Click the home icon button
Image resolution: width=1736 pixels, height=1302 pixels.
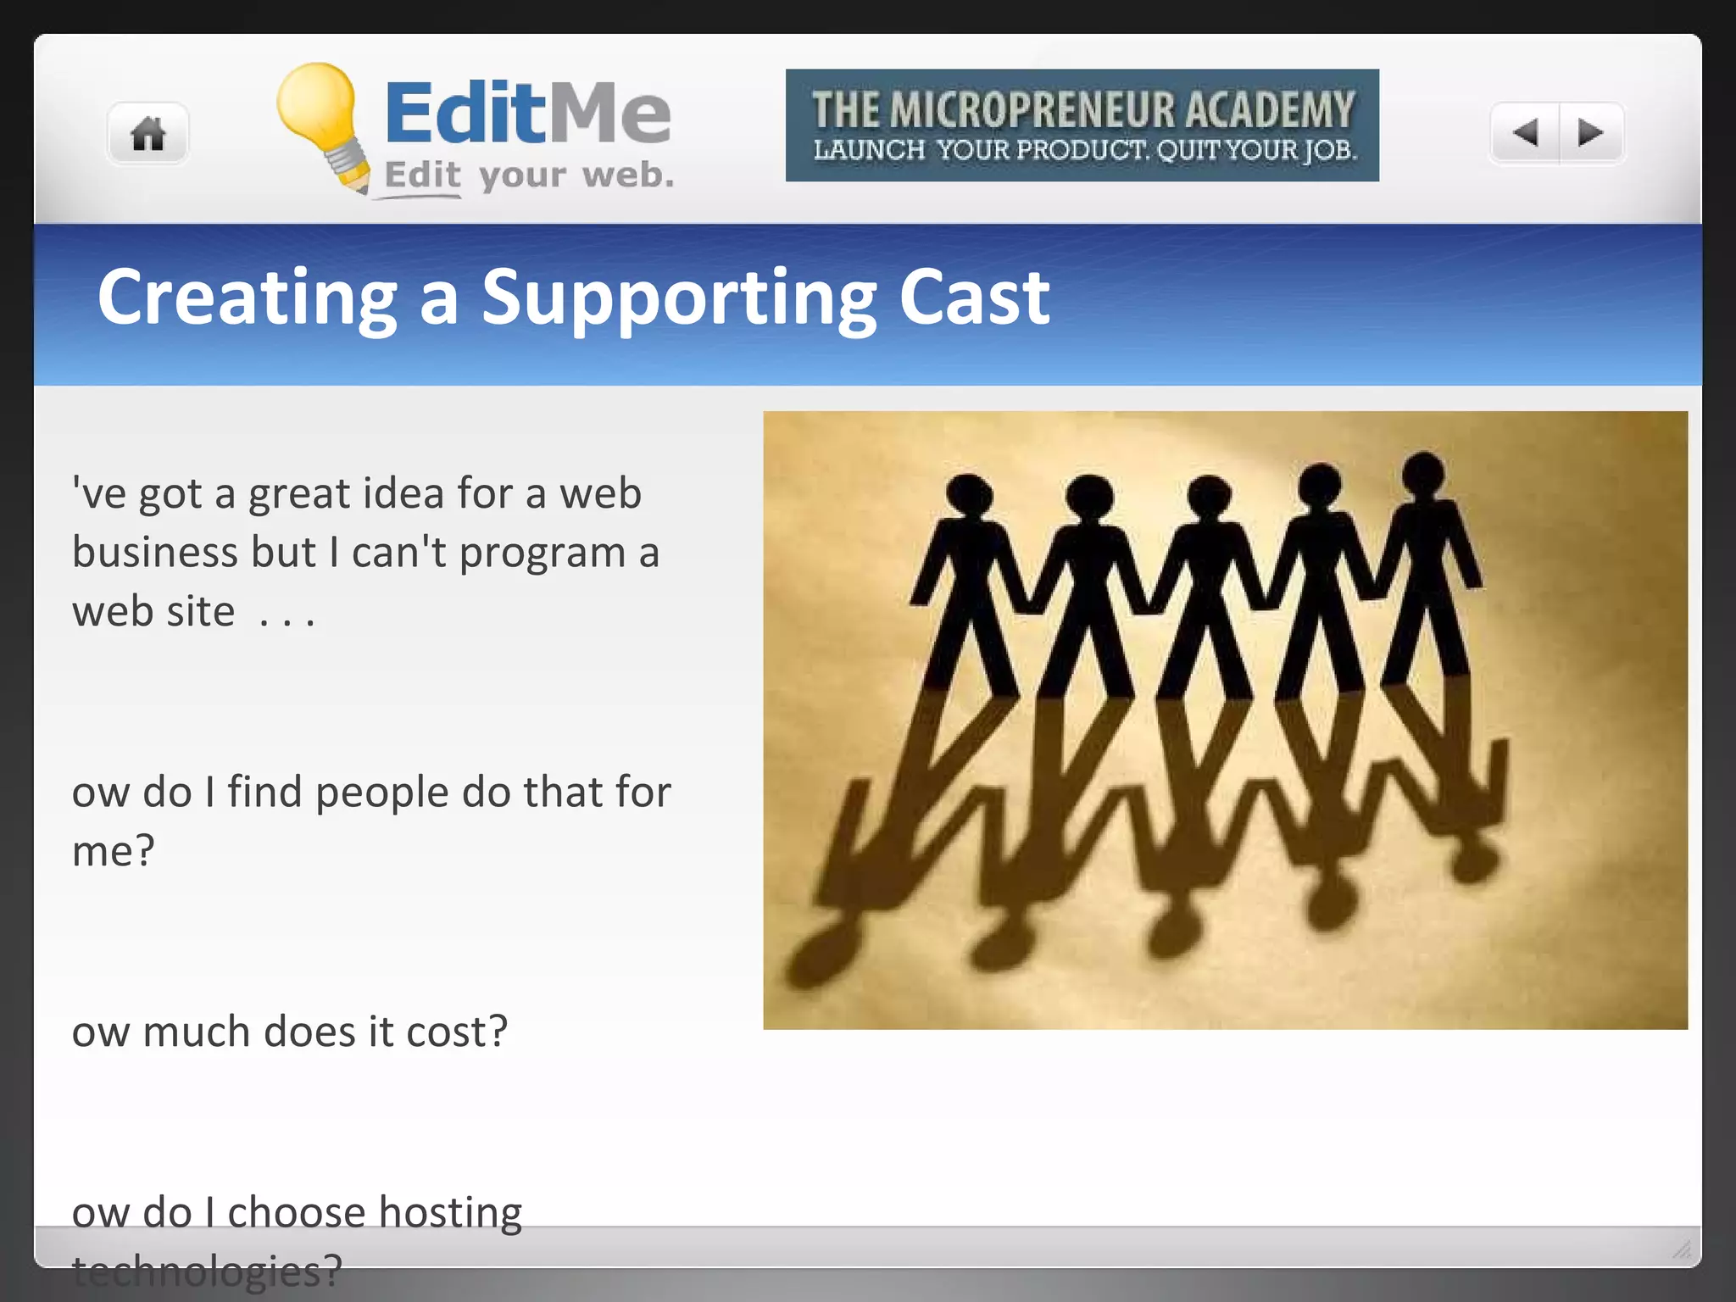click(x=147, y=133)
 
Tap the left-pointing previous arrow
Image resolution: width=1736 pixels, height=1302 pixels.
click(x=1526, y=132)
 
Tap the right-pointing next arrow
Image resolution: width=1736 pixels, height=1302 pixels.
click(x=1590, y=132)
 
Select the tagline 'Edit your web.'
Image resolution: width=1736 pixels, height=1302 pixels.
click(x=529, y=175)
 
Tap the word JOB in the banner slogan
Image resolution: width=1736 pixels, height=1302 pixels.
click(x=1329, y=150)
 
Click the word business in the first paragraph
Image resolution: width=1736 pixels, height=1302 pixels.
click(x=155, y=553)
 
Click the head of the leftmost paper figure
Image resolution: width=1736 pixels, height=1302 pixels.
click(x=969, y=495)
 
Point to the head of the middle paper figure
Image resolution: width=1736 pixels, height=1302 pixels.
click(x=1209, y=495)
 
